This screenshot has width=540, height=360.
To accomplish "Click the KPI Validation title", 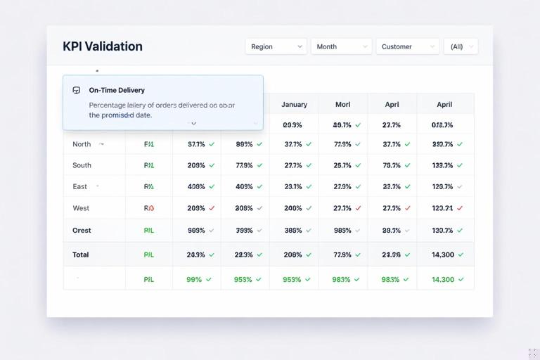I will pos(103,46).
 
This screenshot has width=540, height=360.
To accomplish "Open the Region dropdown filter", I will pos(276,46).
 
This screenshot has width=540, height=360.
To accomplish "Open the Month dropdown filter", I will pos(341,46).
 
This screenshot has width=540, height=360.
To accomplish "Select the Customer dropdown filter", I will pos(407,46).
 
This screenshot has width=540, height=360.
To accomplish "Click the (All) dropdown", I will pos(461,46).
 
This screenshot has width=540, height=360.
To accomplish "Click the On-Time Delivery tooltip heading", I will pos(117,90).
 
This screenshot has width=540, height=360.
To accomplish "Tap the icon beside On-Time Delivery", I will pos(77,90).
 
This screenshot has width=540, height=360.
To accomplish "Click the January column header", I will pos(294,104).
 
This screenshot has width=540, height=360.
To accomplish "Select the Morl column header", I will pos(342,104).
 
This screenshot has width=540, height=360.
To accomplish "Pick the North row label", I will pos(82,144).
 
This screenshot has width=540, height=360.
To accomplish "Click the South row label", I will pos(82,165).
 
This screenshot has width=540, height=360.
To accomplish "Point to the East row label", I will pos(80,186).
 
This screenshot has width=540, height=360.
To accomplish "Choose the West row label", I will pos(81,208).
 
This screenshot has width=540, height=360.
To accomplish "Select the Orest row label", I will pos(82,230).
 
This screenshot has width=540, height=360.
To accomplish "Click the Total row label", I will pos(81,255).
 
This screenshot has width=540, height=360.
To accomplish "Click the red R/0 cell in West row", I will pos(149,208).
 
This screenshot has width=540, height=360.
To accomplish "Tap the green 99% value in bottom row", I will pos(194,279).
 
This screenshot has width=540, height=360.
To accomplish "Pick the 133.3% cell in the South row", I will pos(442,165).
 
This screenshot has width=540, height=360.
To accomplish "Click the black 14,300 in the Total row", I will pos(442,255).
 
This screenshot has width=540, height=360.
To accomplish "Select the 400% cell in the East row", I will pos(196,186).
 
